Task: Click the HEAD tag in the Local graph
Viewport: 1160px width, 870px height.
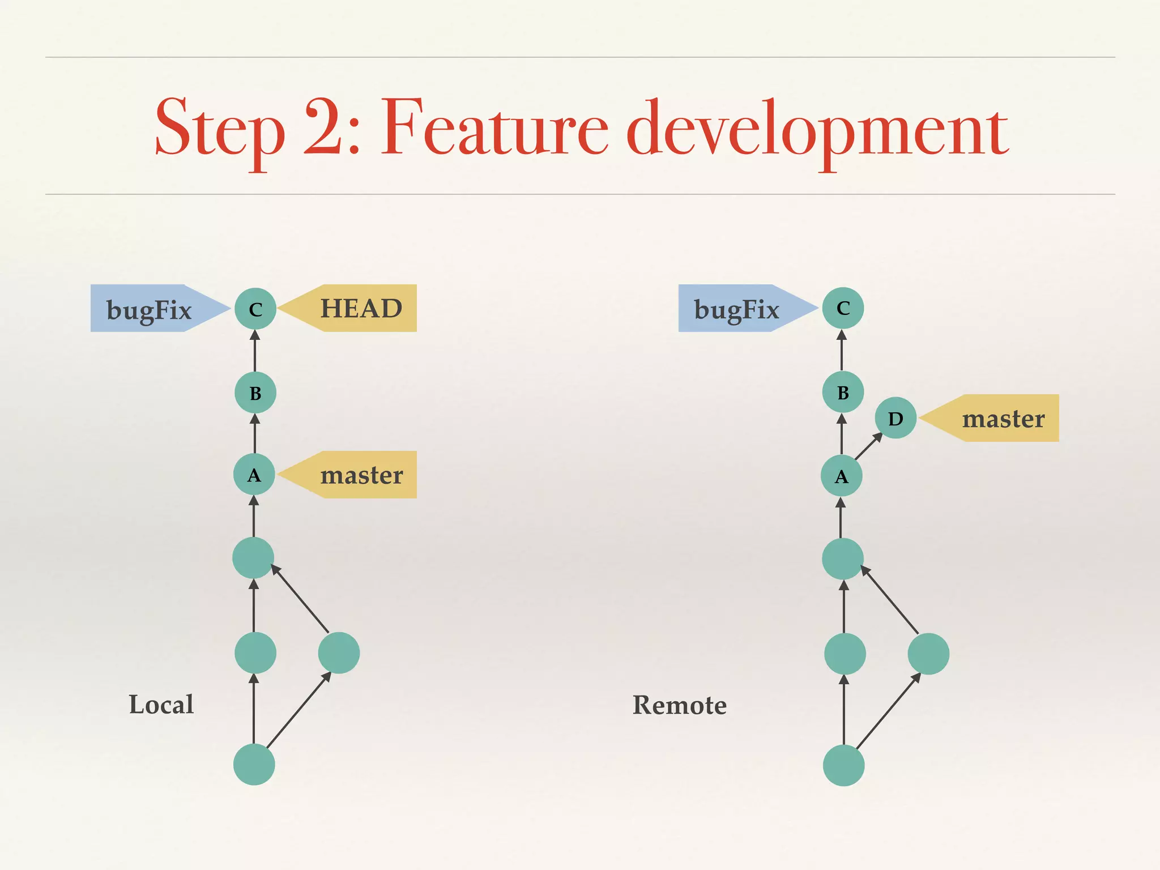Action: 361,308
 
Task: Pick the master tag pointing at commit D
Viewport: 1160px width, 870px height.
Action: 1003,418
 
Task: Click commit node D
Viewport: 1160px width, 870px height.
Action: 895,418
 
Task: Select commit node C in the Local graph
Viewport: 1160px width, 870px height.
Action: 255,309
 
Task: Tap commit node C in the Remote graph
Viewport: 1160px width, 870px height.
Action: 843,308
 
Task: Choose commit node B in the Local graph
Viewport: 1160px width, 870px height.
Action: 255,393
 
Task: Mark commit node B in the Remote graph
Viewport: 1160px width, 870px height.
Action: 843,392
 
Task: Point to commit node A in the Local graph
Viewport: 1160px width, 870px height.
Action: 254,475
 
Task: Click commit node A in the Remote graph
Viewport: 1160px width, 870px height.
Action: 842,476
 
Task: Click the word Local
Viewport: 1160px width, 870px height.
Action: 161,705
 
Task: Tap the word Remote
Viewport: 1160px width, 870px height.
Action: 679,705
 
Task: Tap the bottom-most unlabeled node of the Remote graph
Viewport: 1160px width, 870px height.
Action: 843,765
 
